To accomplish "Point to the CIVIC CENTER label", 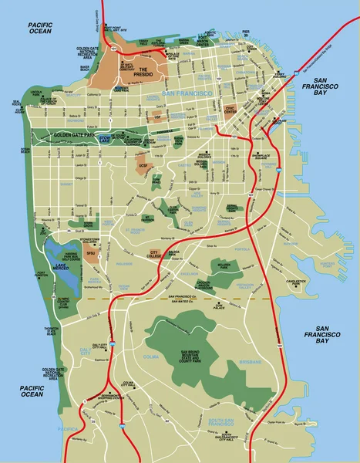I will pos(231,110).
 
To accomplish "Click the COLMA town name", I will pos(152,357).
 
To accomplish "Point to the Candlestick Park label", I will pos(298,282).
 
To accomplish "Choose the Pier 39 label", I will pos(246,34).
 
